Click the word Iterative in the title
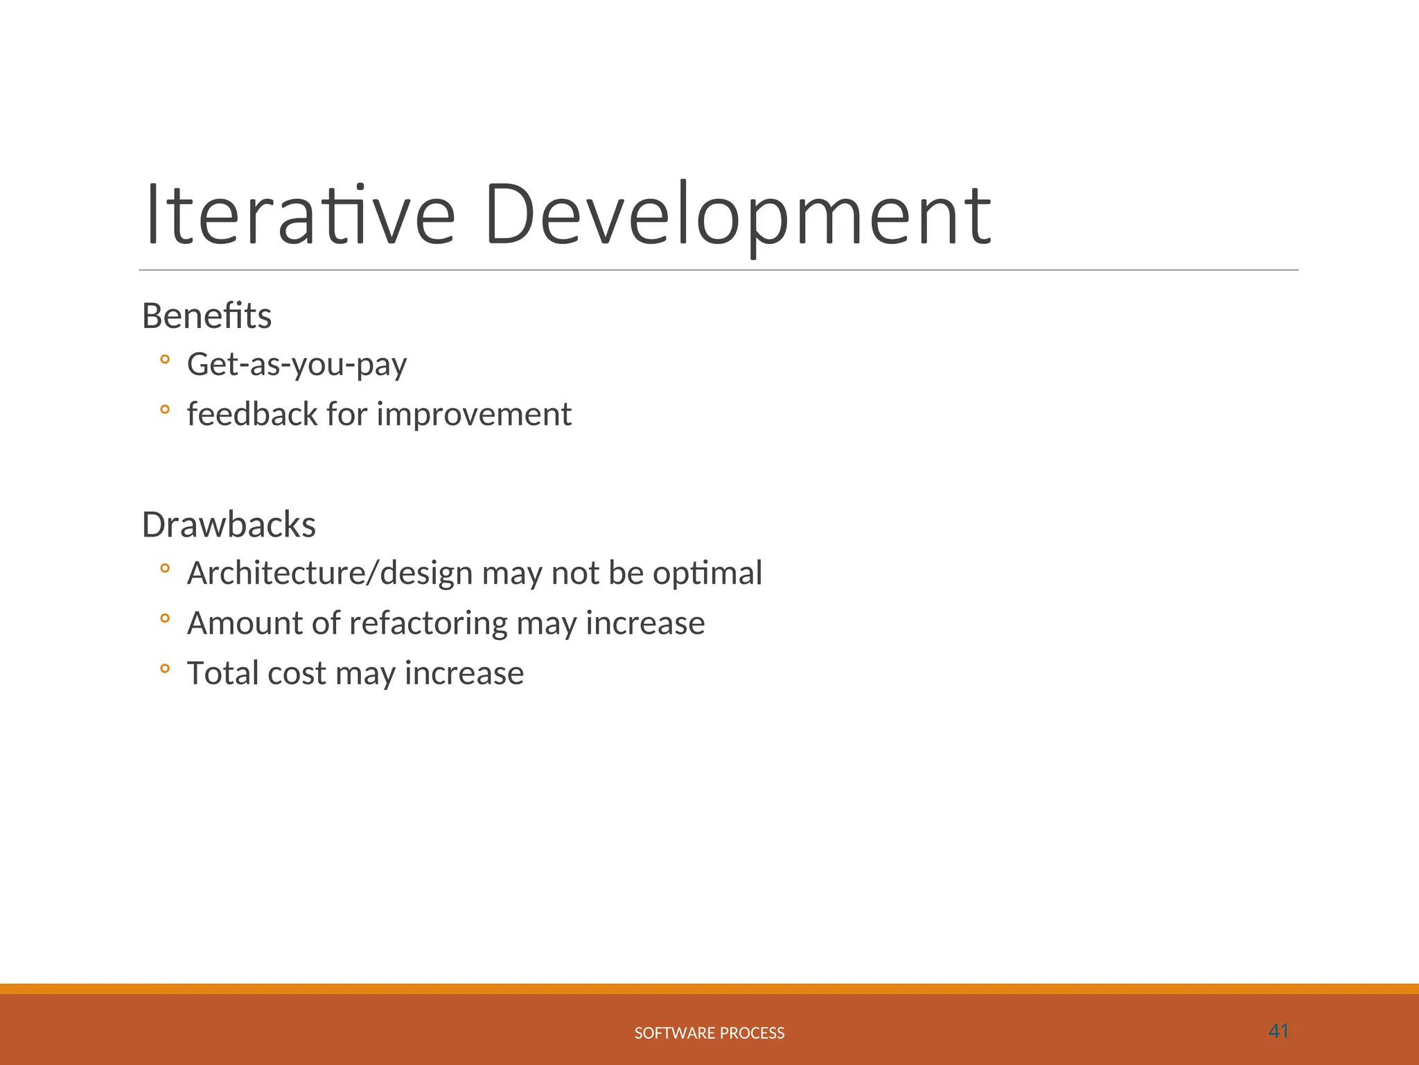[300, 215]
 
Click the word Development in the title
[739, 215]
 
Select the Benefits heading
[206, 316]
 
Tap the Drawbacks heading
[229, 525]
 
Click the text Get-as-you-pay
[297, 365]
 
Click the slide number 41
[1278, 1031]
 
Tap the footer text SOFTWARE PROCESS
[709, 1033]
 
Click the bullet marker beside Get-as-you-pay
[164, 359]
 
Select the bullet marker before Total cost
[164, 668]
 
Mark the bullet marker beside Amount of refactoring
[164, 618]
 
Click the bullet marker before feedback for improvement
[164, 409]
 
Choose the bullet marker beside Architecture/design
[164, 569]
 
